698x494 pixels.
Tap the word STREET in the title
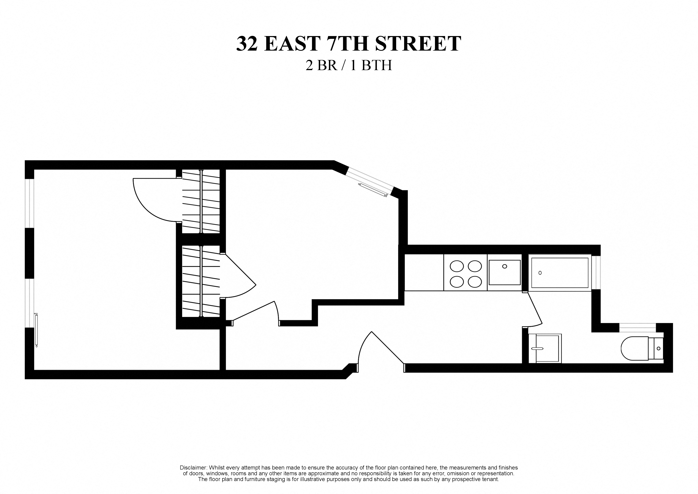(418, 44)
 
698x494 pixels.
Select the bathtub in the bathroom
(560, 273)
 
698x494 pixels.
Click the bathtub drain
(540, 273)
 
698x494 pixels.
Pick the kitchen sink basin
(505, 272)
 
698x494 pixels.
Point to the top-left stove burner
(457, 266)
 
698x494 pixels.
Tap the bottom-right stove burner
(475, 282)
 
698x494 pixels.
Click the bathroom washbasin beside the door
(545, 349)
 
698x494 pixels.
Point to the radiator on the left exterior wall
(36, 330)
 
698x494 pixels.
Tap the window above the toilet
(638, 327)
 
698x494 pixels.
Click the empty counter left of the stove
(424, 273)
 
